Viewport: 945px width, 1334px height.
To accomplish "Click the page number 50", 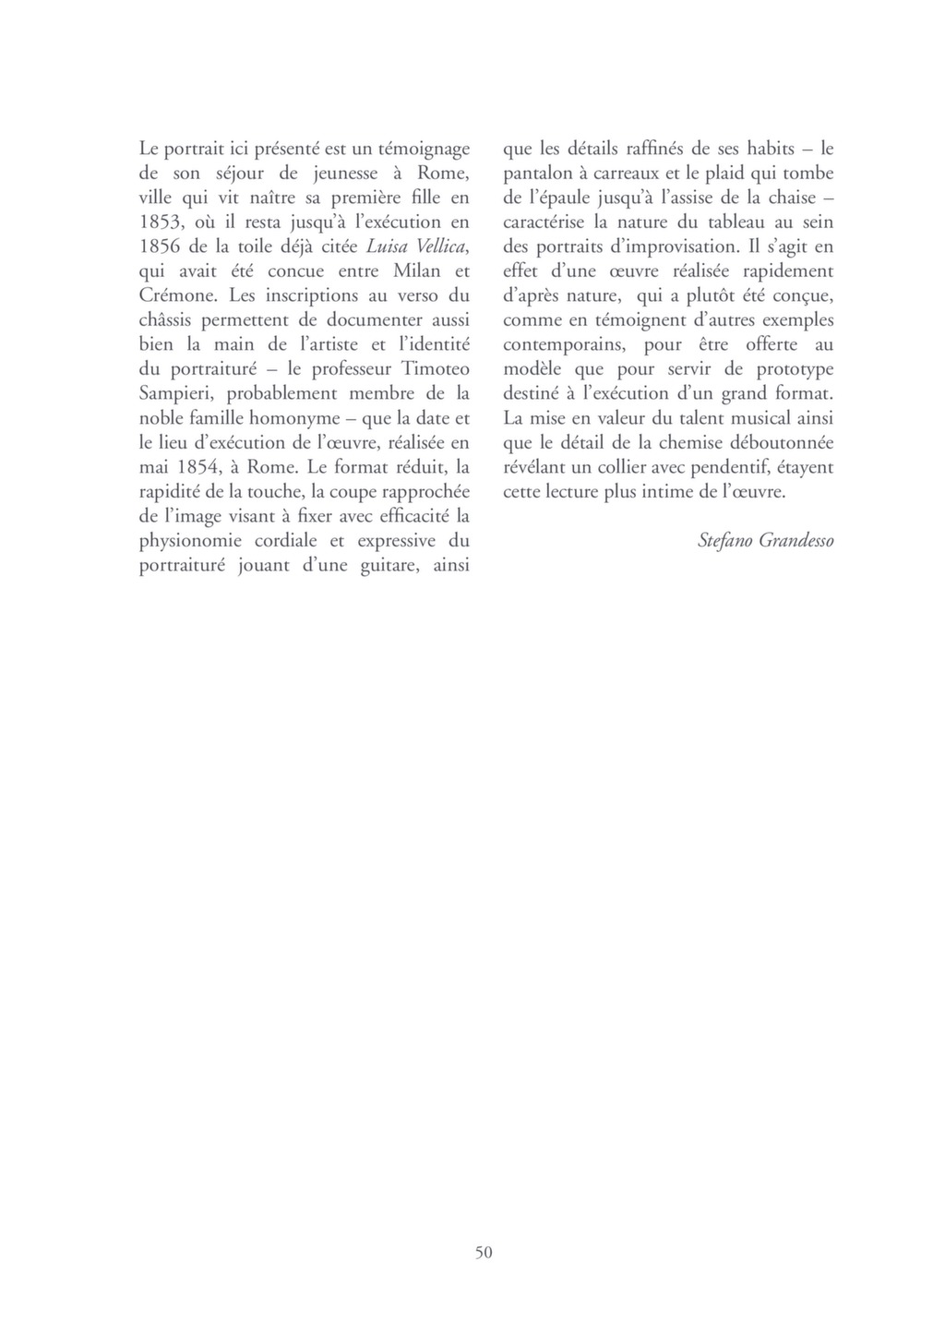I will coord(484,1252).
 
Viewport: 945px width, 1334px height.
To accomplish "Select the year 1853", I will coord(159,222).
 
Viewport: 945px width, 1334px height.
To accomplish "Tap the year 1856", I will coord(159,246).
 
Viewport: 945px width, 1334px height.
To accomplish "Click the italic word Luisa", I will coord(388,246).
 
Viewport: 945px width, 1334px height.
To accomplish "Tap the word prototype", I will coord(795,368).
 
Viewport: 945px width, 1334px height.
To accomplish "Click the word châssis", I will coord(169,319).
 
